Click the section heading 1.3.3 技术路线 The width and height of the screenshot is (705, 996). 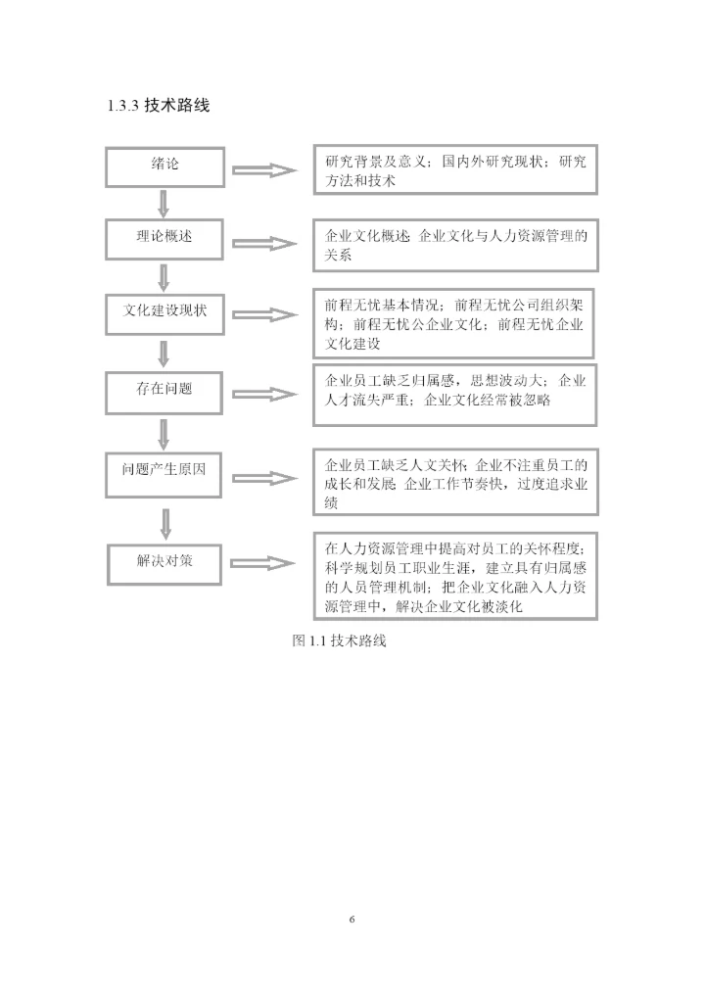click(157, 105)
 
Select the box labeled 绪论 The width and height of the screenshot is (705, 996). click(164, 166)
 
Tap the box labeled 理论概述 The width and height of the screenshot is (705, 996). click(164, 238)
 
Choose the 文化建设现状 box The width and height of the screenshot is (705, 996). click(164, 310)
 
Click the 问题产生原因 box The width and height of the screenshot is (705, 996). click(164, 470)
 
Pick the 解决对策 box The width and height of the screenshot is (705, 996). click(164, 561)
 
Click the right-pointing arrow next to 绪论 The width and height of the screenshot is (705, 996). click(265, 171)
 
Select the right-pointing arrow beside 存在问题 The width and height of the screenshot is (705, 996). click(265, 394)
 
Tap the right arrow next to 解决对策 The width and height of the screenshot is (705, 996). click(265, 564)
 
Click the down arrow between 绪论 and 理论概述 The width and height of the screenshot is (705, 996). click(164, 202)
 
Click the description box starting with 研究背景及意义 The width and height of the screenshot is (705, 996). click(455, 171)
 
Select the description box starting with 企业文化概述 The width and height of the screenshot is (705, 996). click(455, 244)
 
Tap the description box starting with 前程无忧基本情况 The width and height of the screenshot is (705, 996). click(455, 321)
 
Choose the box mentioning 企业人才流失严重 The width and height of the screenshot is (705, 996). click(455, 396)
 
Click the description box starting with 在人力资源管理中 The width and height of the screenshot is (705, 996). click(455, 577)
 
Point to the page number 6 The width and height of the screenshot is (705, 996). click(352, 920)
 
